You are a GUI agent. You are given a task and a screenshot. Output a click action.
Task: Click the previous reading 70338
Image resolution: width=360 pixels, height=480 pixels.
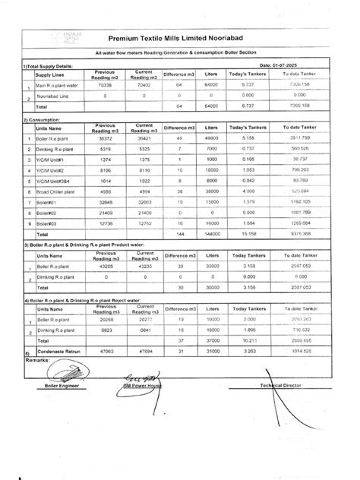click(x=104, y=86)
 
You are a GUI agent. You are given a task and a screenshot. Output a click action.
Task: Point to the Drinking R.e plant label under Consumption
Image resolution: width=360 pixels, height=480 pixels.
click(x=56, y=150)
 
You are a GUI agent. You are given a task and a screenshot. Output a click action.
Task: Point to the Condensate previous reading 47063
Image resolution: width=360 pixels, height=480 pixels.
click(x=104, y=352)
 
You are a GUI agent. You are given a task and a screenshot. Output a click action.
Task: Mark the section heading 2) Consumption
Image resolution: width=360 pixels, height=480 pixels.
click(x=43, y=119)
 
